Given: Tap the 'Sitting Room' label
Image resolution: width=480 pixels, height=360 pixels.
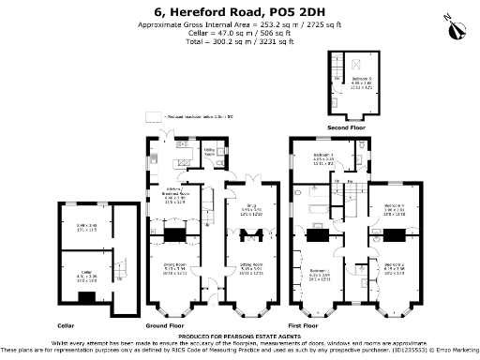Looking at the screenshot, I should (x=249, y=265).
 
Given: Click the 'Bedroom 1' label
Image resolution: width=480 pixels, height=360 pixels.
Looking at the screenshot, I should (x=322, y=274).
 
